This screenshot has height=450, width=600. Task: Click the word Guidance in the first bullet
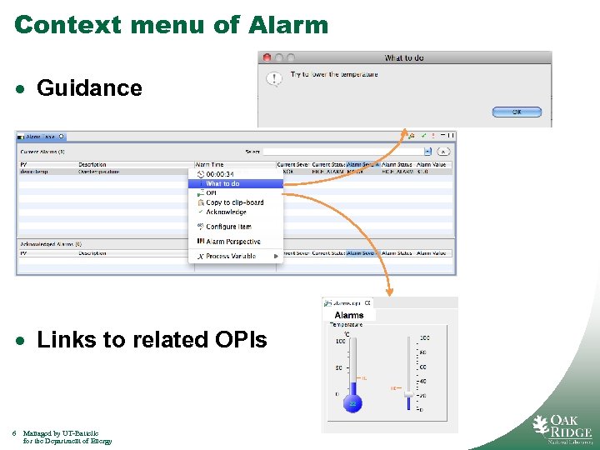pyautogui.click(x=89, y=87)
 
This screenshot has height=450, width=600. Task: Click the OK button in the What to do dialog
pyautogui.click(x=516, y=112)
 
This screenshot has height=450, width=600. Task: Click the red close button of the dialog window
pyautogui.click(x=267, y=57)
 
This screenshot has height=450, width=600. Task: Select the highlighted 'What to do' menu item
pyautogui.click(x=222, y=183)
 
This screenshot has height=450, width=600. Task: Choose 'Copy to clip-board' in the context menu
pyautogui.click(x=234, y=202)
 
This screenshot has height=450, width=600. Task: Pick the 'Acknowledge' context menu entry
pyautogui.click(x=226, y=212)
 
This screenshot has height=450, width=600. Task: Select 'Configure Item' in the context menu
pyautogui.click(x=228, y=227)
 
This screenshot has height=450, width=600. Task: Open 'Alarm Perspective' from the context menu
pyautogui.click(x=232, y=242)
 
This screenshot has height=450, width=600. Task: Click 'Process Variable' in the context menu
pyautogui.click(x=231, y=256)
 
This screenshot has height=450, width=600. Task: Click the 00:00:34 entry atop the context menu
pyautogui.click(x=219, y=174)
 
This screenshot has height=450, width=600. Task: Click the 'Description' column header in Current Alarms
pyautogui.click(x=92, y=165)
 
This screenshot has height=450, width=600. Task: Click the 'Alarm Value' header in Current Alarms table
pyautogui.click(x=432, y=165)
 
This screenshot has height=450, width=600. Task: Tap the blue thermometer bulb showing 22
pyautogui.click(x=352, y=403)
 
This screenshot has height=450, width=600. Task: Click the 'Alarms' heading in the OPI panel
pyautogui.click(x=349, y=315)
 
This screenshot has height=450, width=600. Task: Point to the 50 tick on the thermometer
pyautogui.click(x=339, y=367)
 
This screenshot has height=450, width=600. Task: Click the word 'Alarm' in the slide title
pyautogui.click(x=288, y=25)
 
